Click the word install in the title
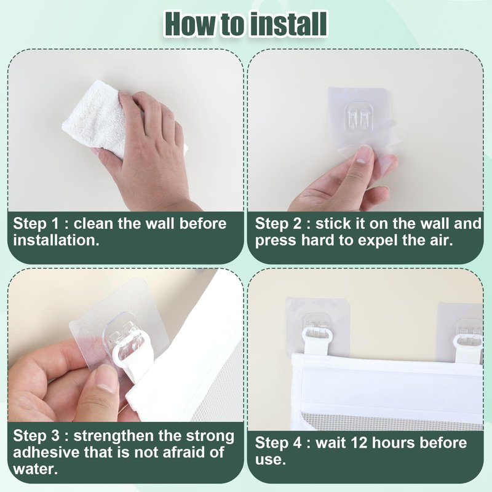(x=288, y=25)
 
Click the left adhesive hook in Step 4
(x=317, y=326)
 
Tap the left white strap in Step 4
(x=316, y=343)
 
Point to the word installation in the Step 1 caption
(x=56, y=240)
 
